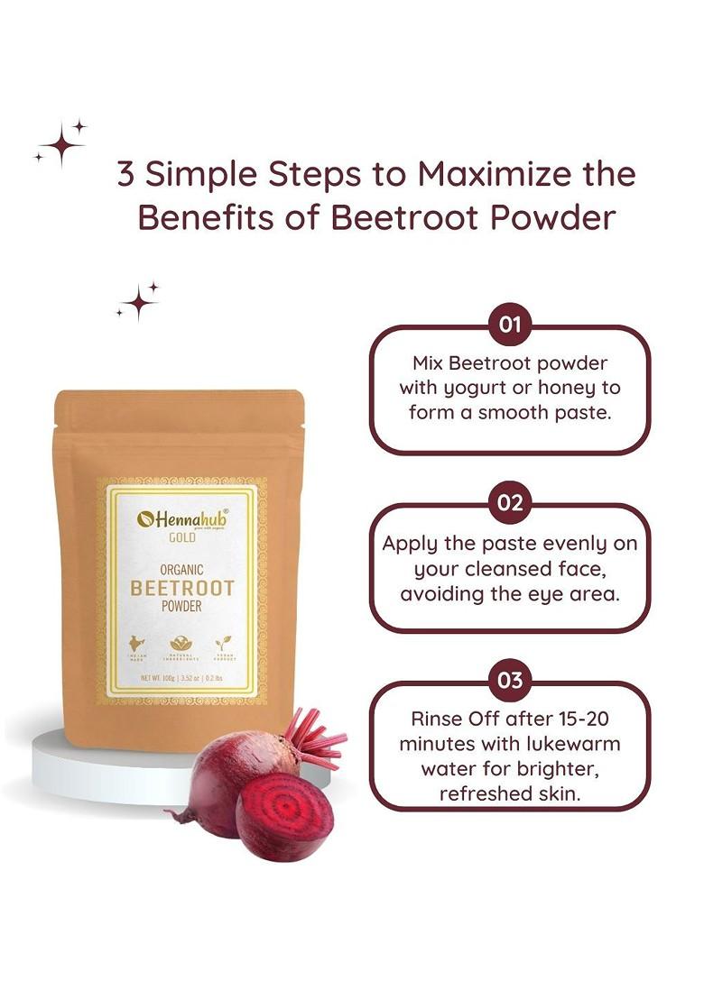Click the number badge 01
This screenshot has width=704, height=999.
[x=510, y=325]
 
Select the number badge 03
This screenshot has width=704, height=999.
[x=510, y=681]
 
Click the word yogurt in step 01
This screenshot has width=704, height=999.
[x=477, y=388]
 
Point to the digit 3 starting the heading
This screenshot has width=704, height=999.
[x=126, y=174]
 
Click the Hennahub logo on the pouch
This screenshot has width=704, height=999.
[x=181, y=518]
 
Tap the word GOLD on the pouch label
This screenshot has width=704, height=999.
[x=181, y=538]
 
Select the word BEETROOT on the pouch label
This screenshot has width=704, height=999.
[x=181, y=589]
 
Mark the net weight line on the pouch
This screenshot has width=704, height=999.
[x=181, y=678]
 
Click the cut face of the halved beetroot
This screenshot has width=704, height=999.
[x=285, y=816]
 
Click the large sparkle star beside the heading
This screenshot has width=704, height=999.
[x=62, y=143]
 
